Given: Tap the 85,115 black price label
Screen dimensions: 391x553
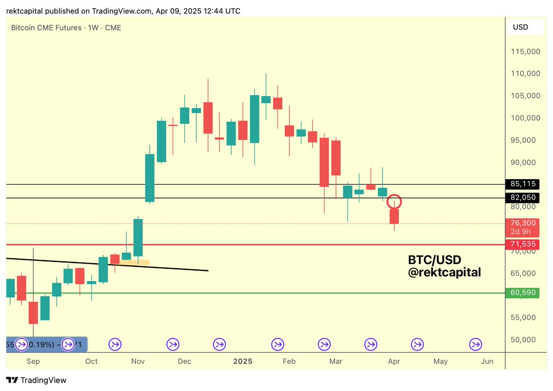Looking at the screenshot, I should pyautogui.click(x=523, y=184).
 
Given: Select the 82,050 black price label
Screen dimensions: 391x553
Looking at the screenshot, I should pyautogui.click(x=523, y=198).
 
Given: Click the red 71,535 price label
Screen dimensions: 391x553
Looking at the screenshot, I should pyautogui.click(x=523, y=243).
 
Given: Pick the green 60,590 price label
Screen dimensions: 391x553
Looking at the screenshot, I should pyautogui.click(x=523, y=293).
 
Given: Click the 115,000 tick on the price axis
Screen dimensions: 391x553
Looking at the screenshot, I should pyautogui.click(x=526, y=52).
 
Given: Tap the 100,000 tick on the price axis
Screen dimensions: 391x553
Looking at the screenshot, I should pyautogui.click(x=526, y=118).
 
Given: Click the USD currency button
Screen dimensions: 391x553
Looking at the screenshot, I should pyautogui.click(x=520, y=27).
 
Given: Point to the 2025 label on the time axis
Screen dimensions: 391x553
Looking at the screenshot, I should pyautogui.click(x=243, y=361).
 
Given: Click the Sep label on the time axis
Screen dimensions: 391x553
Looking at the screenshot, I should pyautogui.click(x=33, y=361).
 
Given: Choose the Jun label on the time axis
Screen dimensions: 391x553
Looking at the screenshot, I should pyautogui.click(x=487, y=361).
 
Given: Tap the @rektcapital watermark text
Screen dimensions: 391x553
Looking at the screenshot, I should pyautogui.click(x=444, y=273).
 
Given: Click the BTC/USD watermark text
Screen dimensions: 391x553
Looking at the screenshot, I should pyautogui.click(x=435, y=260).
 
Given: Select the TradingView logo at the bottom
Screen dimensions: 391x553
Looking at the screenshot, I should pyautogui.click(x=36, y=380).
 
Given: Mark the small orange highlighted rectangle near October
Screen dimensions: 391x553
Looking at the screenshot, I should pyautogui.click(x=135, y=263).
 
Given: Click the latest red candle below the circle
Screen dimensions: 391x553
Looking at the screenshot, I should pyautogui.click(x=394, y=216).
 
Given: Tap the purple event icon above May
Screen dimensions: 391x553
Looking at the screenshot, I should pyautogui.click(x=417, y=344).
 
